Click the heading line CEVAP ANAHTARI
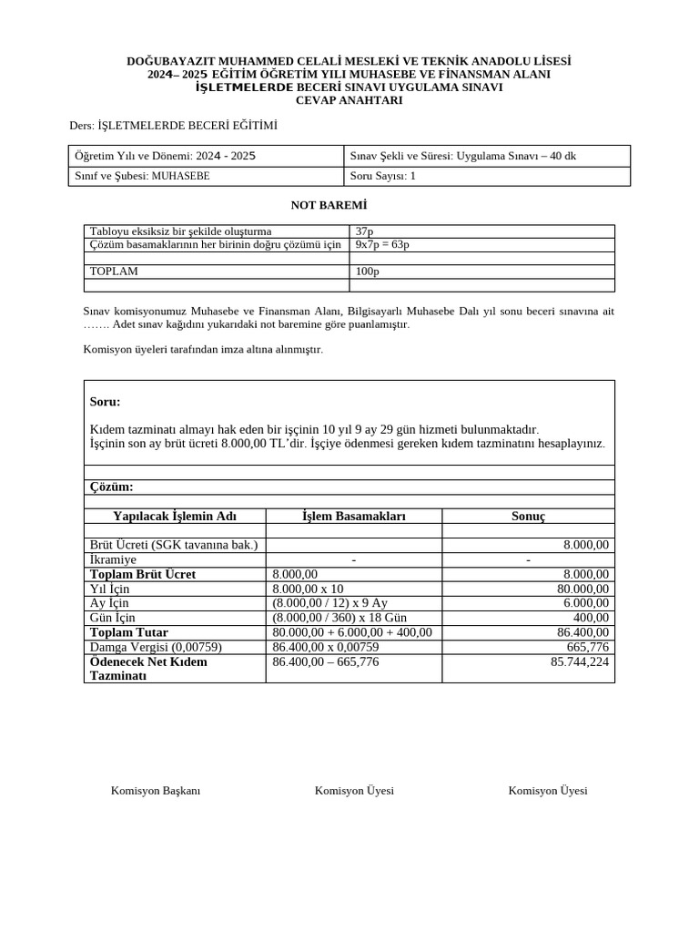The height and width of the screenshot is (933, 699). (x=349, y=101)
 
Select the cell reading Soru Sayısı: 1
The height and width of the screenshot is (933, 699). (x=382, y=176)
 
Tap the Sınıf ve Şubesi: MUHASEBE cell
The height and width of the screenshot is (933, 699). (x=142, y=176)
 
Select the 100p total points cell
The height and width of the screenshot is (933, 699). (x=368, y=272)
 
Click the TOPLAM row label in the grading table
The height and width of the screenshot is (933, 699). (x=114, y=272)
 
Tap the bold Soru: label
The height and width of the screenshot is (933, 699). (x=106, y=402)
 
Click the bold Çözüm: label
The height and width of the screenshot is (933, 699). (x=112, y=487)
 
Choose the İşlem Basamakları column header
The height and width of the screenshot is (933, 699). (x=353, y=516)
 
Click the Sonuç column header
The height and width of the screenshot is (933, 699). (x=528, y=516)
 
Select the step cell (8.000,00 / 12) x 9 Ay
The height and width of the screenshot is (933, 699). (x=329, y=603)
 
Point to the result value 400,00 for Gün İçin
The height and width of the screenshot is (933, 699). (x=591, y=618)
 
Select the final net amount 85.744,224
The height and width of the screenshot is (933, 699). (x=580, y=661)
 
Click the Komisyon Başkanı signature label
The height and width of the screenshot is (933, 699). (x=156, y=791)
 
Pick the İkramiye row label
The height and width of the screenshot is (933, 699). (x=113, y=559)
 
